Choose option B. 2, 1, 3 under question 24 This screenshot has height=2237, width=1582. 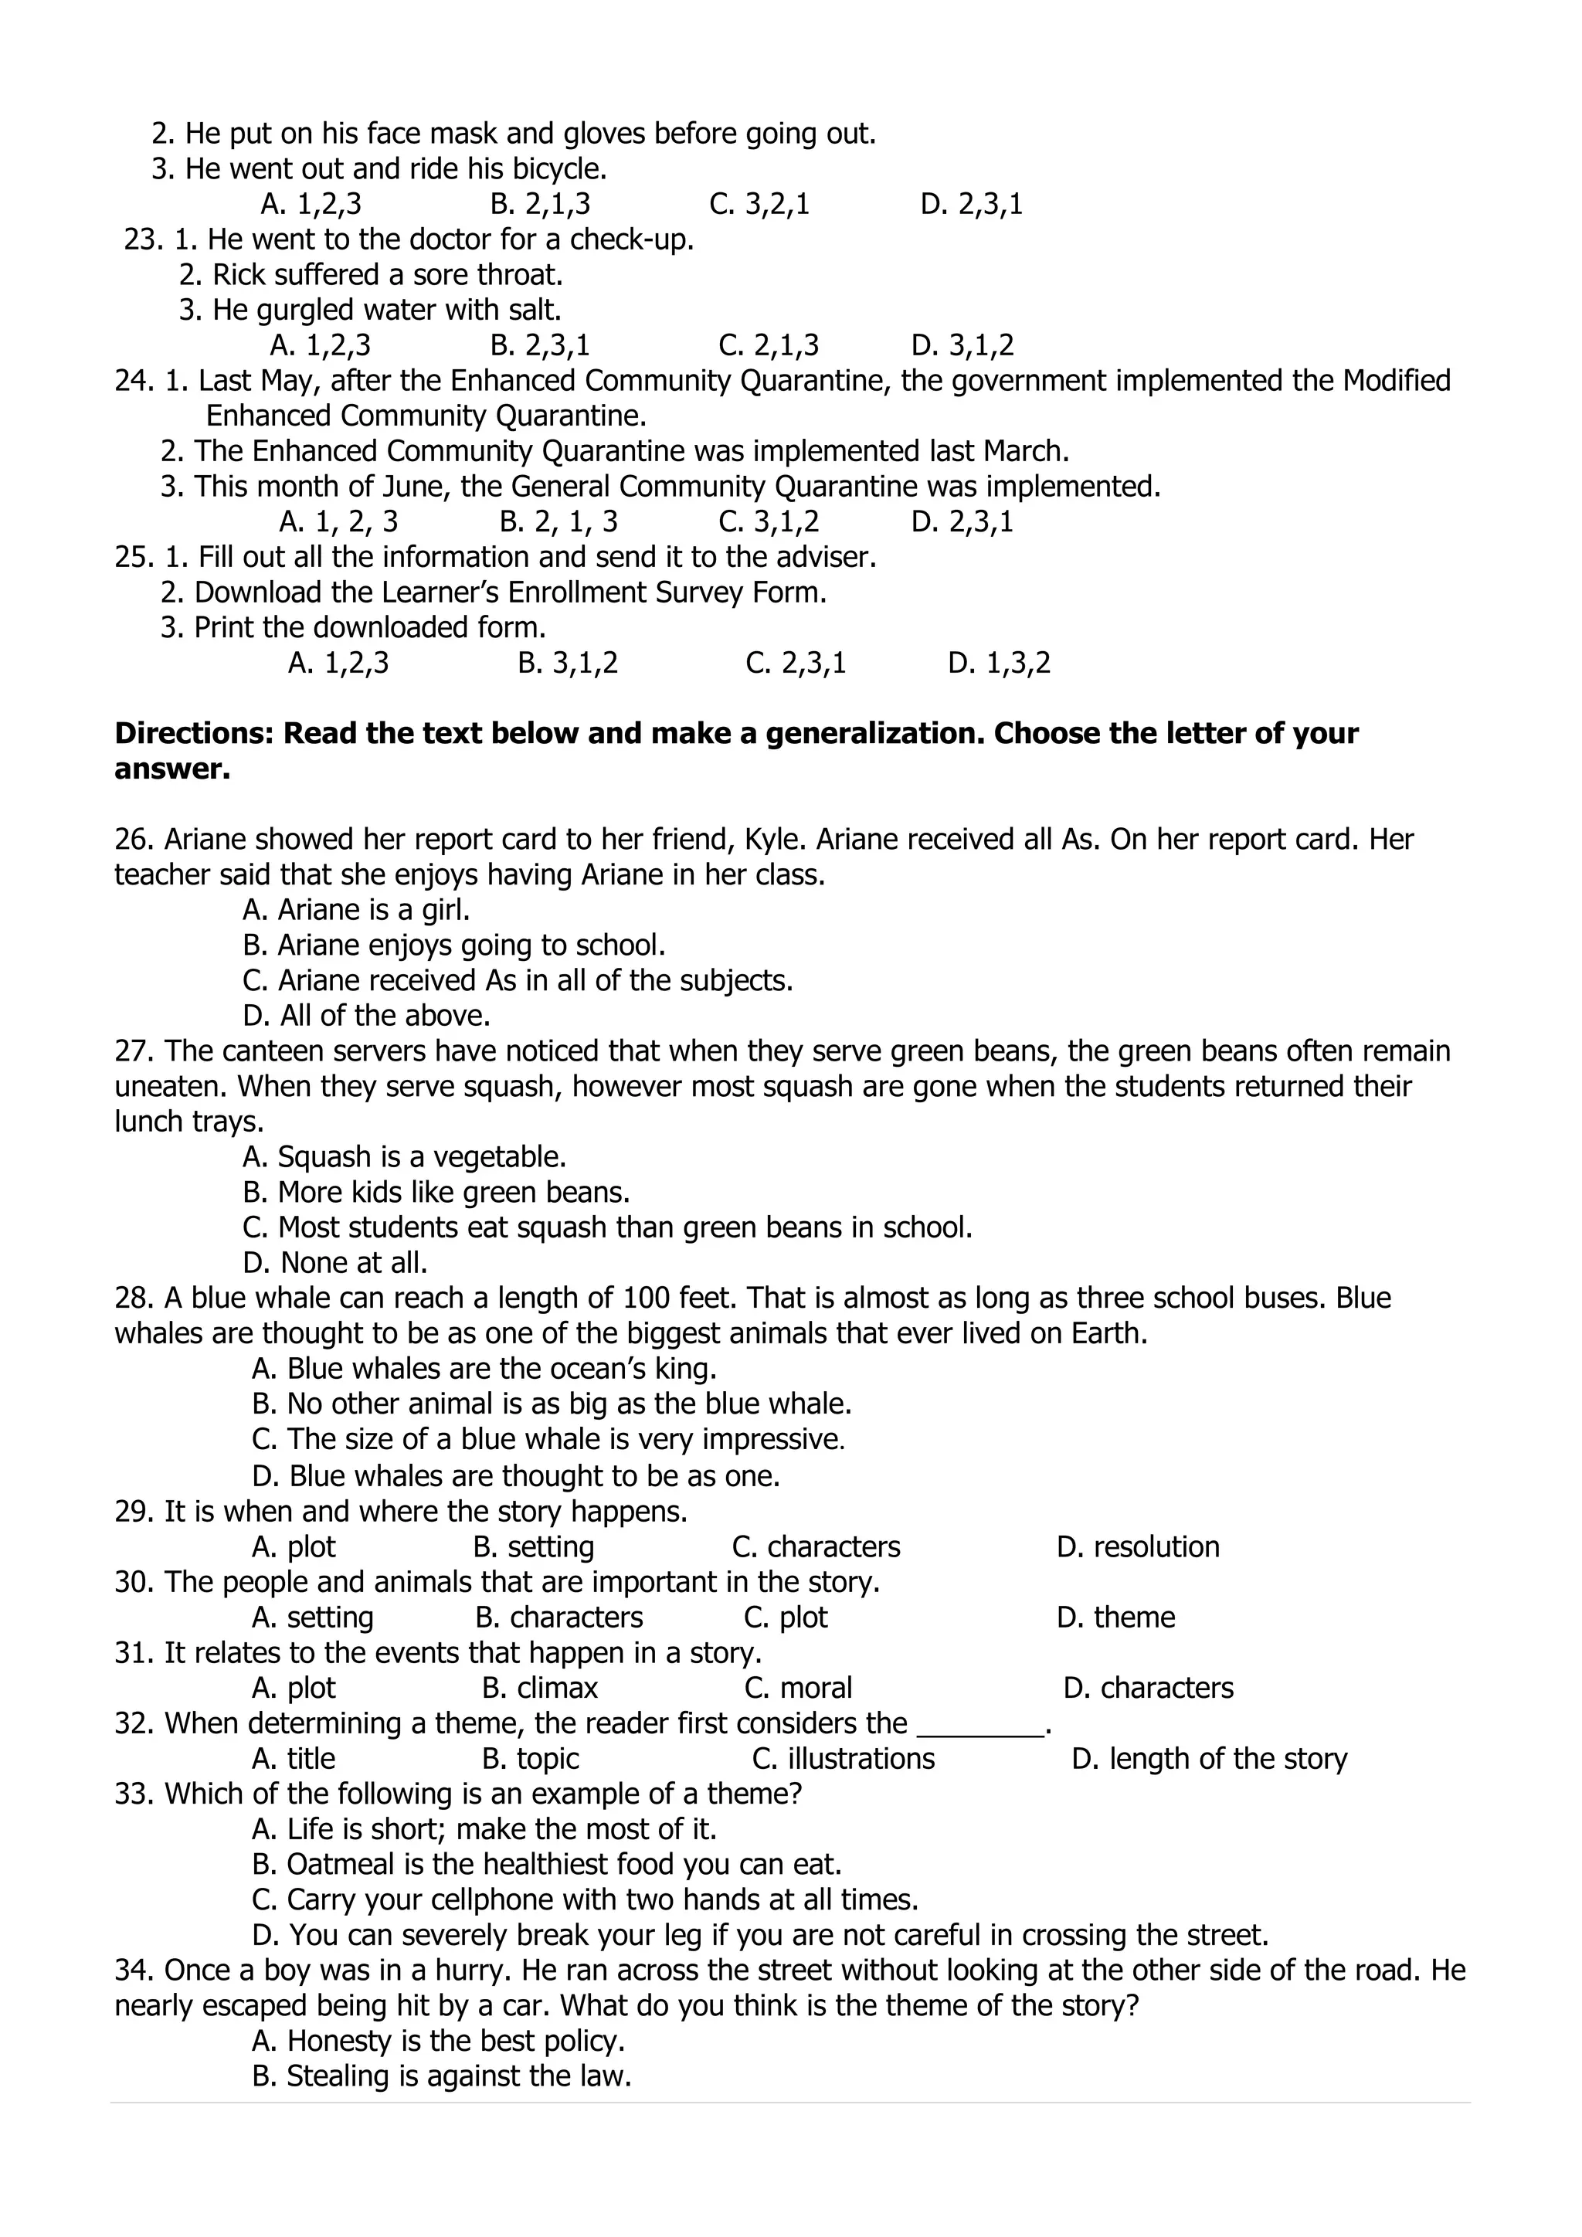(558, 521)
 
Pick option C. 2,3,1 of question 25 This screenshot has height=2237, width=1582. (796, 663)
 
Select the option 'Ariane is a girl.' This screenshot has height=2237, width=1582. (357, 909)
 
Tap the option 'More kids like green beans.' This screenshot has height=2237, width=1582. (436, 1192)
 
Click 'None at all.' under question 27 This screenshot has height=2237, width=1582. (335, 1263)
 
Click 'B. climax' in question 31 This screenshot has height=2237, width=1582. (540, 1688)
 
